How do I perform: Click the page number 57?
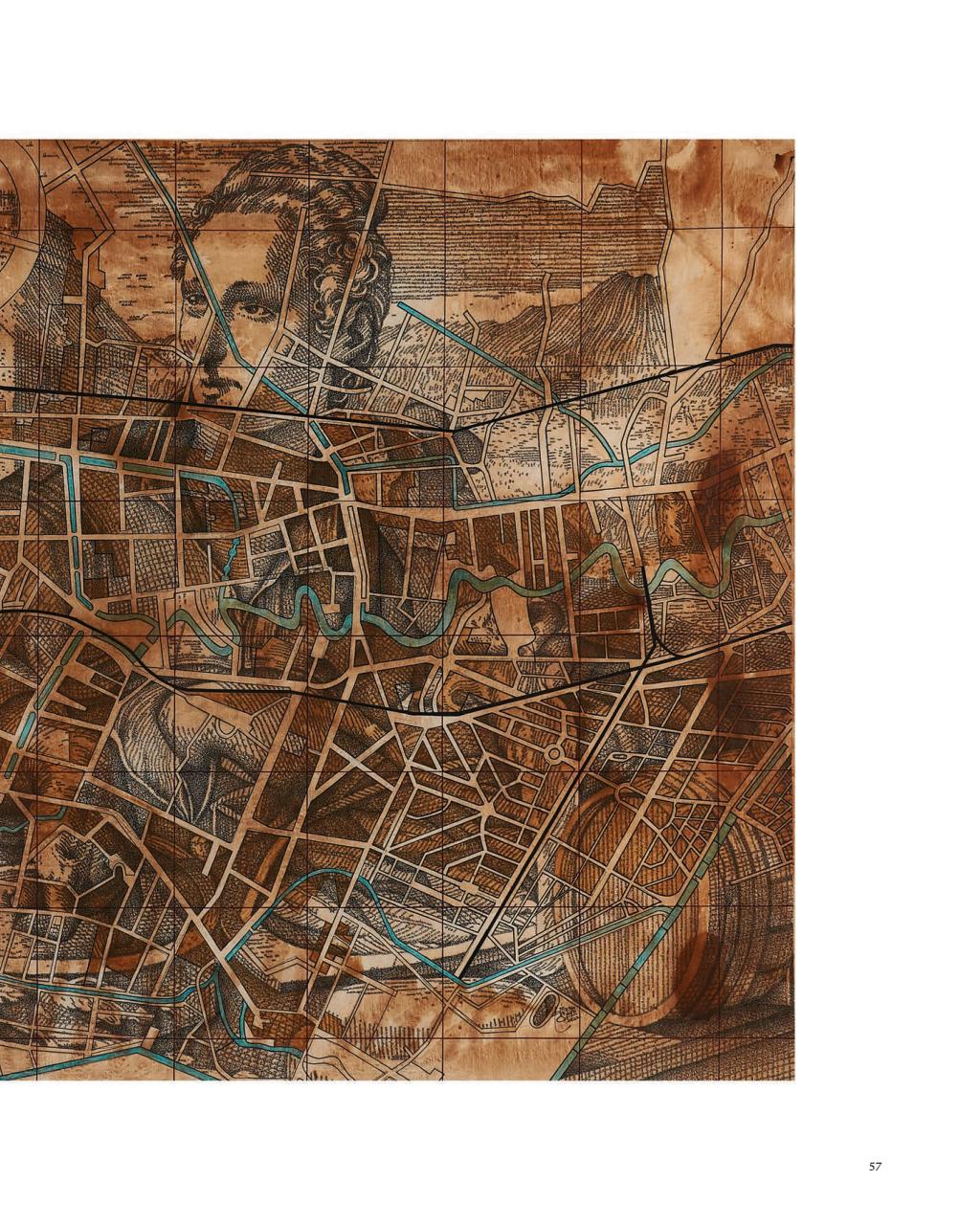coord(875,1166)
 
